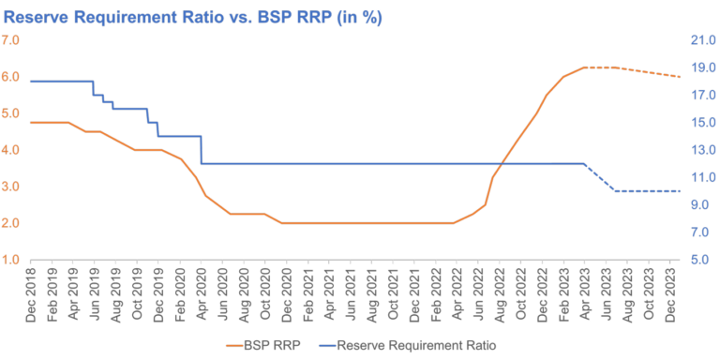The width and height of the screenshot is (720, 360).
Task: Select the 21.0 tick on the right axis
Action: click(703, 40)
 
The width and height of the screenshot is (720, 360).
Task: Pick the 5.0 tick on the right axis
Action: click(703, 260)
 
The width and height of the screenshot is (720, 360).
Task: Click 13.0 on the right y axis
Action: click(703, 150)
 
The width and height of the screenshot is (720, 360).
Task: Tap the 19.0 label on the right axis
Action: click(703, 67)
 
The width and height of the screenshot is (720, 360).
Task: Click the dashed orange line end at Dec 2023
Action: click(679, 76)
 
